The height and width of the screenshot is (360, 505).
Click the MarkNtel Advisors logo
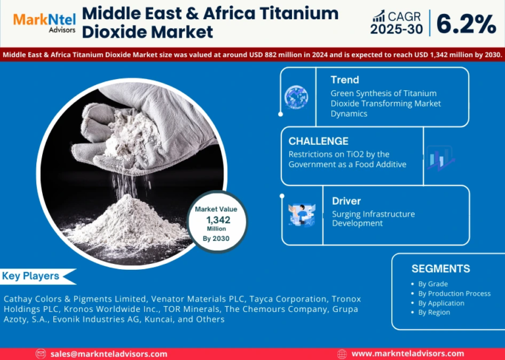[x=45, y=23]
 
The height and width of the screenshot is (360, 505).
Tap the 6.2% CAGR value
[x=466, y=24]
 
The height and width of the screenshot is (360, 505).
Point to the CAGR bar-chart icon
[x=379, y=16]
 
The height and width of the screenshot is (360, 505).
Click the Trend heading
[x=345, y=80]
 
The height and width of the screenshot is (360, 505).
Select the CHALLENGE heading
[x=318, y=141]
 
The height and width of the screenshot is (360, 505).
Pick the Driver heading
[x=347, y=201]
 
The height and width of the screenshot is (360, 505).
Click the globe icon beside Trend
[x=296, y=97]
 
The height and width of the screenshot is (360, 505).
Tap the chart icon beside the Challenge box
[x=441, y=158]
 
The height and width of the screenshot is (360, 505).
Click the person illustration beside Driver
[x=302, y=215]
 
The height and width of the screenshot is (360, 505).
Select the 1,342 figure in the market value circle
[x=218, y=220]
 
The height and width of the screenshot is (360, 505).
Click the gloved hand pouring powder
[x=145, y=129]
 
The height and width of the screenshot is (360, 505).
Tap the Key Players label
[x=31, y=276]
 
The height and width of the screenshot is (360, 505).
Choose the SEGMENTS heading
[x=441, y=269]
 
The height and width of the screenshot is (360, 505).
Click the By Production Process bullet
[x=454, y=294]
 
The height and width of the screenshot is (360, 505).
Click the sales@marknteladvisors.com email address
[x=109, y=354]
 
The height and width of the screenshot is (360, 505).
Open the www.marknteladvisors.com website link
[x=408, y=353]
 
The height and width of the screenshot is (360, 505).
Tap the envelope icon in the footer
[x=41, y=354]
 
